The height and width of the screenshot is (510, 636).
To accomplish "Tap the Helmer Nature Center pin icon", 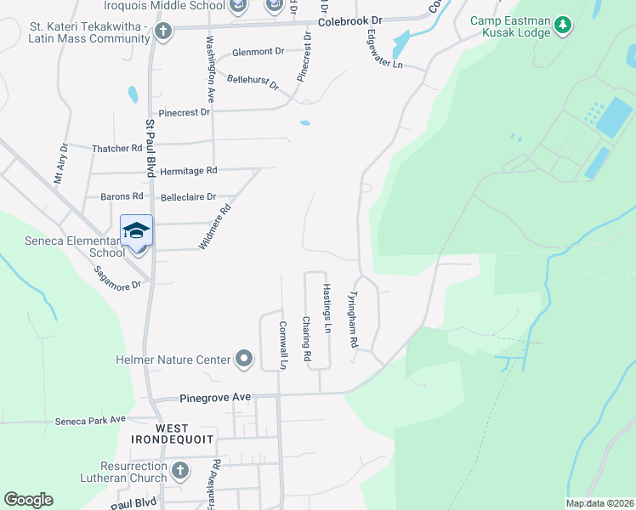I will pyautogui.click(x=244, y=359).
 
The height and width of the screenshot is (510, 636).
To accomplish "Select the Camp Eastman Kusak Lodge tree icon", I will pyautogui.click(x=562, y=26).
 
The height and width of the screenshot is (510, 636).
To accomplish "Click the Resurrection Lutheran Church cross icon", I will pyautogui.click(x=179, y=470).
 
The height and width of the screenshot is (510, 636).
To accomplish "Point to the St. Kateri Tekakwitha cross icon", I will pyautogui.click(x=164, y=31).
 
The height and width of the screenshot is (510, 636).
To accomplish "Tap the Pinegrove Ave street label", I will pyautogui.click(x=215, y=397).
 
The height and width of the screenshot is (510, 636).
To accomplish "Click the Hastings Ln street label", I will pyautogui.click(x=327, y=302).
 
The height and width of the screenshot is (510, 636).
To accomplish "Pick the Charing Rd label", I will pyautogui.click(x=307, y=341).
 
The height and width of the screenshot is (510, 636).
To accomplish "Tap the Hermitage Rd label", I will pyautogui.click(x=189, y=170).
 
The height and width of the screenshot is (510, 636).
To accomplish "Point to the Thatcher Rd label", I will pyautogui.click(x=117, y=148).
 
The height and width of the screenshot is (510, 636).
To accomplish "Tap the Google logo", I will pyautogui.click(x=28, y=500).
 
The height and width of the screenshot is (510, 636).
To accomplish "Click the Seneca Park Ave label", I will pyautogui.click(x=90, y=419).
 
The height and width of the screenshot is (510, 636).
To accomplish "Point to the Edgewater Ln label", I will pyautogui.click(x=384, y=52).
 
